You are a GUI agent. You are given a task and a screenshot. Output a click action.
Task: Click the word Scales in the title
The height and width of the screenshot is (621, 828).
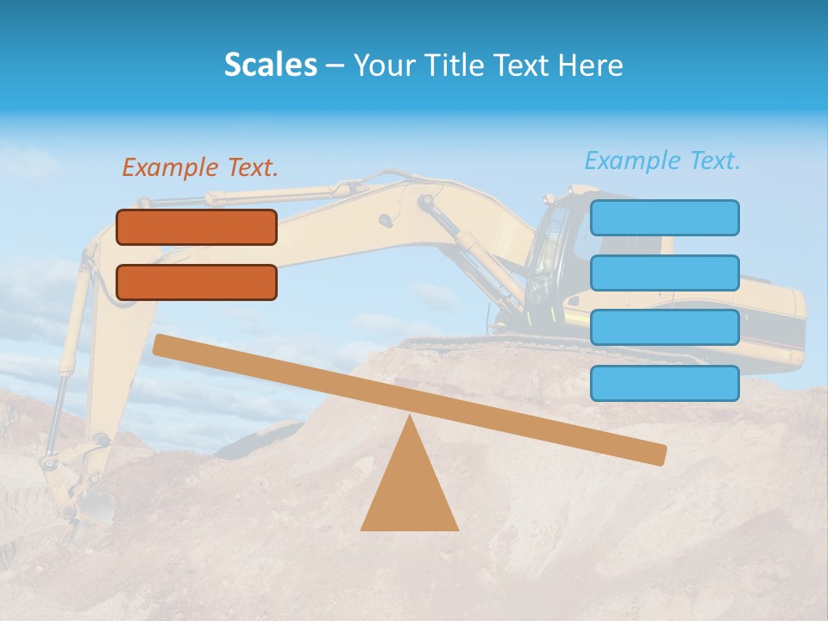pyautogui.click(x=270, y=65)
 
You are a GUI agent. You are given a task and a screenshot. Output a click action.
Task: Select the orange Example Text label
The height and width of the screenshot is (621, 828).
pyautogui.click(x=200, y=167)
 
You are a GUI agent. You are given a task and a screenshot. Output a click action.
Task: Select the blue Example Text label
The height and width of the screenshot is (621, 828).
pyautogui.click(x=662, y=160)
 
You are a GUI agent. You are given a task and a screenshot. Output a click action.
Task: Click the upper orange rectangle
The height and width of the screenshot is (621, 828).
pyautogui.click(x=197, y=227)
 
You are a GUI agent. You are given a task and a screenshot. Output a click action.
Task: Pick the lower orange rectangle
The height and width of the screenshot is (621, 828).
pyautogui.click(x=197, y=282)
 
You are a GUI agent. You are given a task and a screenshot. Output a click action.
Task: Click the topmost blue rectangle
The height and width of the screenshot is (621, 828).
pyautogui.click(x=664, y=217)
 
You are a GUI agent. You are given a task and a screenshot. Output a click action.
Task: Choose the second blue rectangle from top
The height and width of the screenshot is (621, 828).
pyautogui.click(x=664, y=273)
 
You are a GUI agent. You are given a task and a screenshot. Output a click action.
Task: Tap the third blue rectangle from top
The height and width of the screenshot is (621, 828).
pyautogui.click(x=664, y=328)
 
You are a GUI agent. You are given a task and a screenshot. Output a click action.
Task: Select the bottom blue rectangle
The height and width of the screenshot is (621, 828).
pyautogui.click(x=664, y=383)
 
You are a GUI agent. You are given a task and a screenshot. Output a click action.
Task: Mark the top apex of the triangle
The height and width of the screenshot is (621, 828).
pyautogui.click(x=409, y=417)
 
